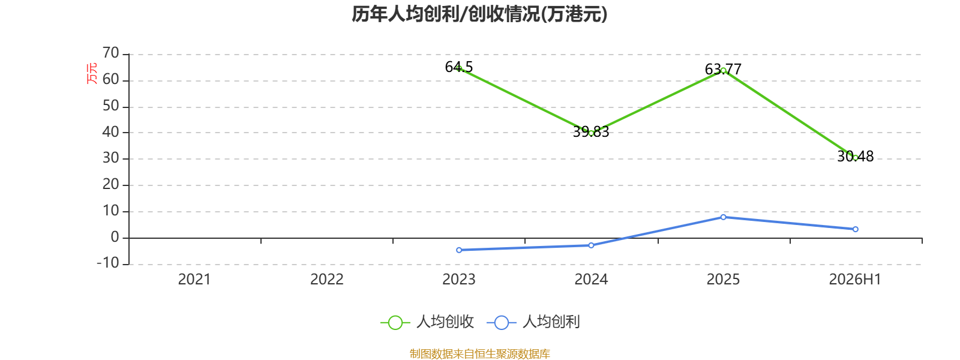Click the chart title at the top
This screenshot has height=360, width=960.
[479, 14]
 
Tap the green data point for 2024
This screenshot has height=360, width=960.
[591, 133]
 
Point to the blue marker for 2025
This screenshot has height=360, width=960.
[724, 217]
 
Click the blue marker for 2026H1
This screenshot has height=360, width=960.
[856, 229]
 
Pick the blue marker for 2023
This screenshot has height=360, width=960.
[459, 250]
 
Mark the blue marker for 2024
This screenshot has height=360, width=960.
[591, 245]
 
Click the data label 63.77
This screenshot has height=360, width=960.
[723, 69]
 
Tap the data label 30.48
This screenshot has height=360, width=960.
[856, 157]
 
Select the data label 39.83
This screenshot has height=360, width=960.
[591, 132]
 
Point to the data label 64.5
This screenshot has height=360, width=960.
[458, 67]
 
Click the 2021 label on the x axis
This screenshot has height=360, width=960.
[194, 280]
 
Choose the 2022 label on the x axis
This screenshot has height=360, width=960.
[326, 280]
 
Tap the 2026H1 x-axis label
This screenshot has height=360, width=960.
[855, 280]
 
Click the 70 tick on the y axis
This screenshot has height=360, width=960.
[110, 53]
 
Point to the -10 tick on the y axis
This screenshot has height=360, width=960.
[108, 263]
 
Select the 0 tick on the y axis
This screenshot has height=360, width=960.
[115, 237]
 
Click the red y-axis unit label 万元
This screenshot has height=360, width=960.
[92, 73]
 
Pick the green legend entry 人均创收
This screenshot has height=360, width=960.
[427, 322]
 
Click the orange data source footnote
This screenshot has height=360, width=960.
[479, 354]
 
